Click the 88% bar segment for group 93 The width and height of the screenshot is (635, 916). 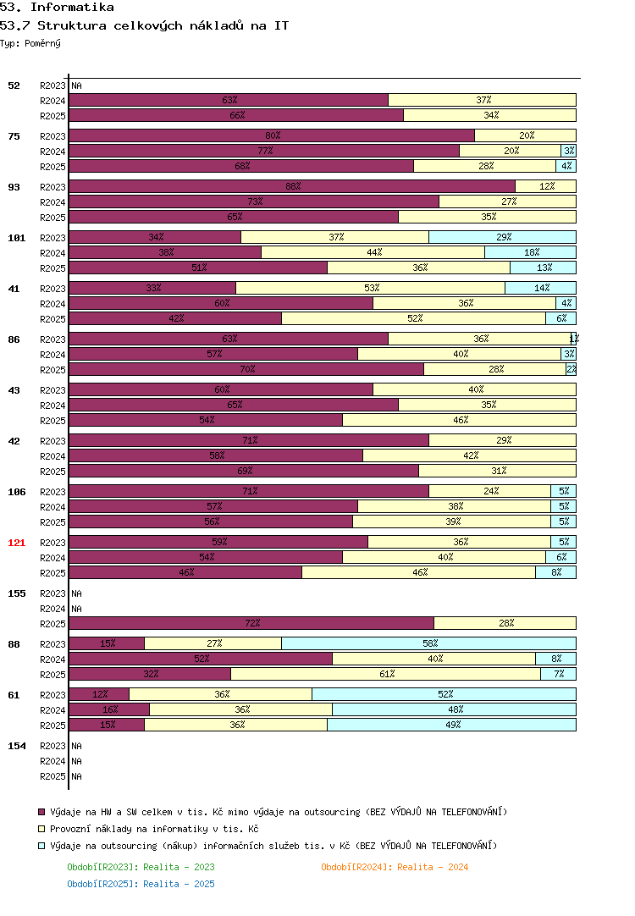[x=292, y=186]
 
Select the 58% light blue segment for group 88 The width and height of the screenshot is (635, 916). [x=428, y=643]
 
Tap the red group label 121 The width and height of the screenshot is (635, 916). [x=16, y=543]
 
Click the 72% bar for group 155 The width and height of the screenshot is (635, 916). [x=251, y=623]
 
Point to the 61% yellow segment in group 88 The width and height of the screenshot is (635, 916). [x=385, y=674]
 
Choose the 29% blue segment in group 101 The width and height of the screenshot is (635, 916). [x=502, y=237]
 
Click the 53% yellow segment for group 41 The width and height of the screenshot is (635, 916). [x=370, y=288]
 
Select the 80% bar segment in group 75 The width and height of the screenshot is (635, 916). [x=272, y=135]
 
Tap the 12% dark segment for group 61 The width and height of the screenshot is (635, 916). [x=99, y=694]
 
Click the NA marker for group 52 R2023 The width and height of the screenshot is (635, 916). [x=76, y=86]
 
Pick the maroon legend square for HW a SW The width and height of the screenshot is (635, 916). [x=41, y=812]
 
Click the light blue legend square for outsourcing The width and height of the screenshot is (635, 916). [x=41, y=846]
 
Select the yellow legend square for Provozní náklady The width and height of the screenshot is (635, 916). [x=41, y=829]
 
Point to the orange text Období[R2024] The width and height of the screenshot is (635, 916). [x=356, y=868]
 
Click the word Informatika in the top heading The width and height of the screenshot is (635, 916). [x=73, y=7]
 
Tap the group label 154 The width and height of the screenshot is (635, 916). [x=16, y=746]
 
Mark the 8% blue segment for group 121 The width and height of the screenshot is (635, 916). [x=555, y=572]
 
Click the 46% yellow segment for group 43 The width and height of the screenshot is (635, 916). [x=459, y=420]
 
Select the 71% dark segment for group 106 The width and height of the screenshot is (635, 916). [x=249, y=491]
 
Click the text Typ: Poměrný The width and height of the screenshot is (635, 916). [x=30, y=44]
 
